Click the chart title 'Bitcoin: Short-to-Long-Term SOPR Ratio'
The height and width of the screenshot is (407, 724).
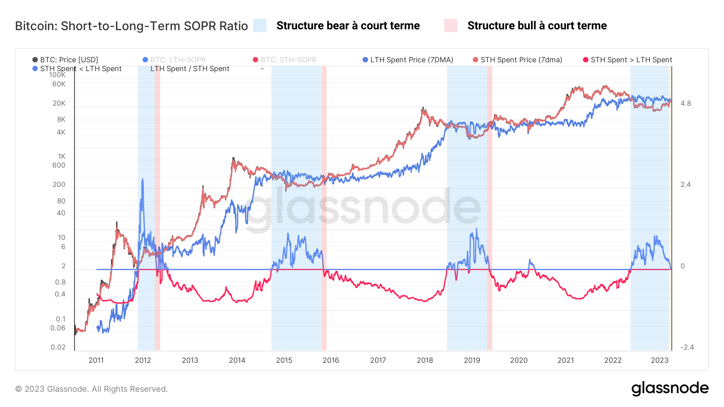pos(132,26)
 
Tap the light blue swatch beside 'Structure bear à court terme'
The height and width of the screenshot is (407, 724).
pos(260,26)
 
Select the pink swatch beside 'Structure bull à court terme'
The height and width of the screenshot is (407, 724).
pos(450,26)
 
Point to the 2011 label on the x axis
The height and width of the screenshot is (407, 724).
pos(96,360)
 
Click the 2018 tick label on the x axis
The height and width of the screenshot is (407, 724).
pos(425,360)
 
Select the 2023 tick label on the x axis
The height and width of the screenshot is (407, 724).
pos(660,360)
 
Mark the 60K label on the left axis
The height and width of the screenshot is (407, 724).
pos(59,84)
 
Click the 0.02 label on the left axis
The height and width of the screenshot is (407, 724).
pos(58,347)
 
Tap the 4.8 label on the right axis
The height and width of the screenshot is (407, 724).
pos(686,103)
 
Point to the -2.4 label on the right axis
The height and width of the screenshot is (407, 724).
pos(687,347)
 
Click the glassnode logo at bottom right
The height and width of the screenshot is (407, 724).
pos(670,389)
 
